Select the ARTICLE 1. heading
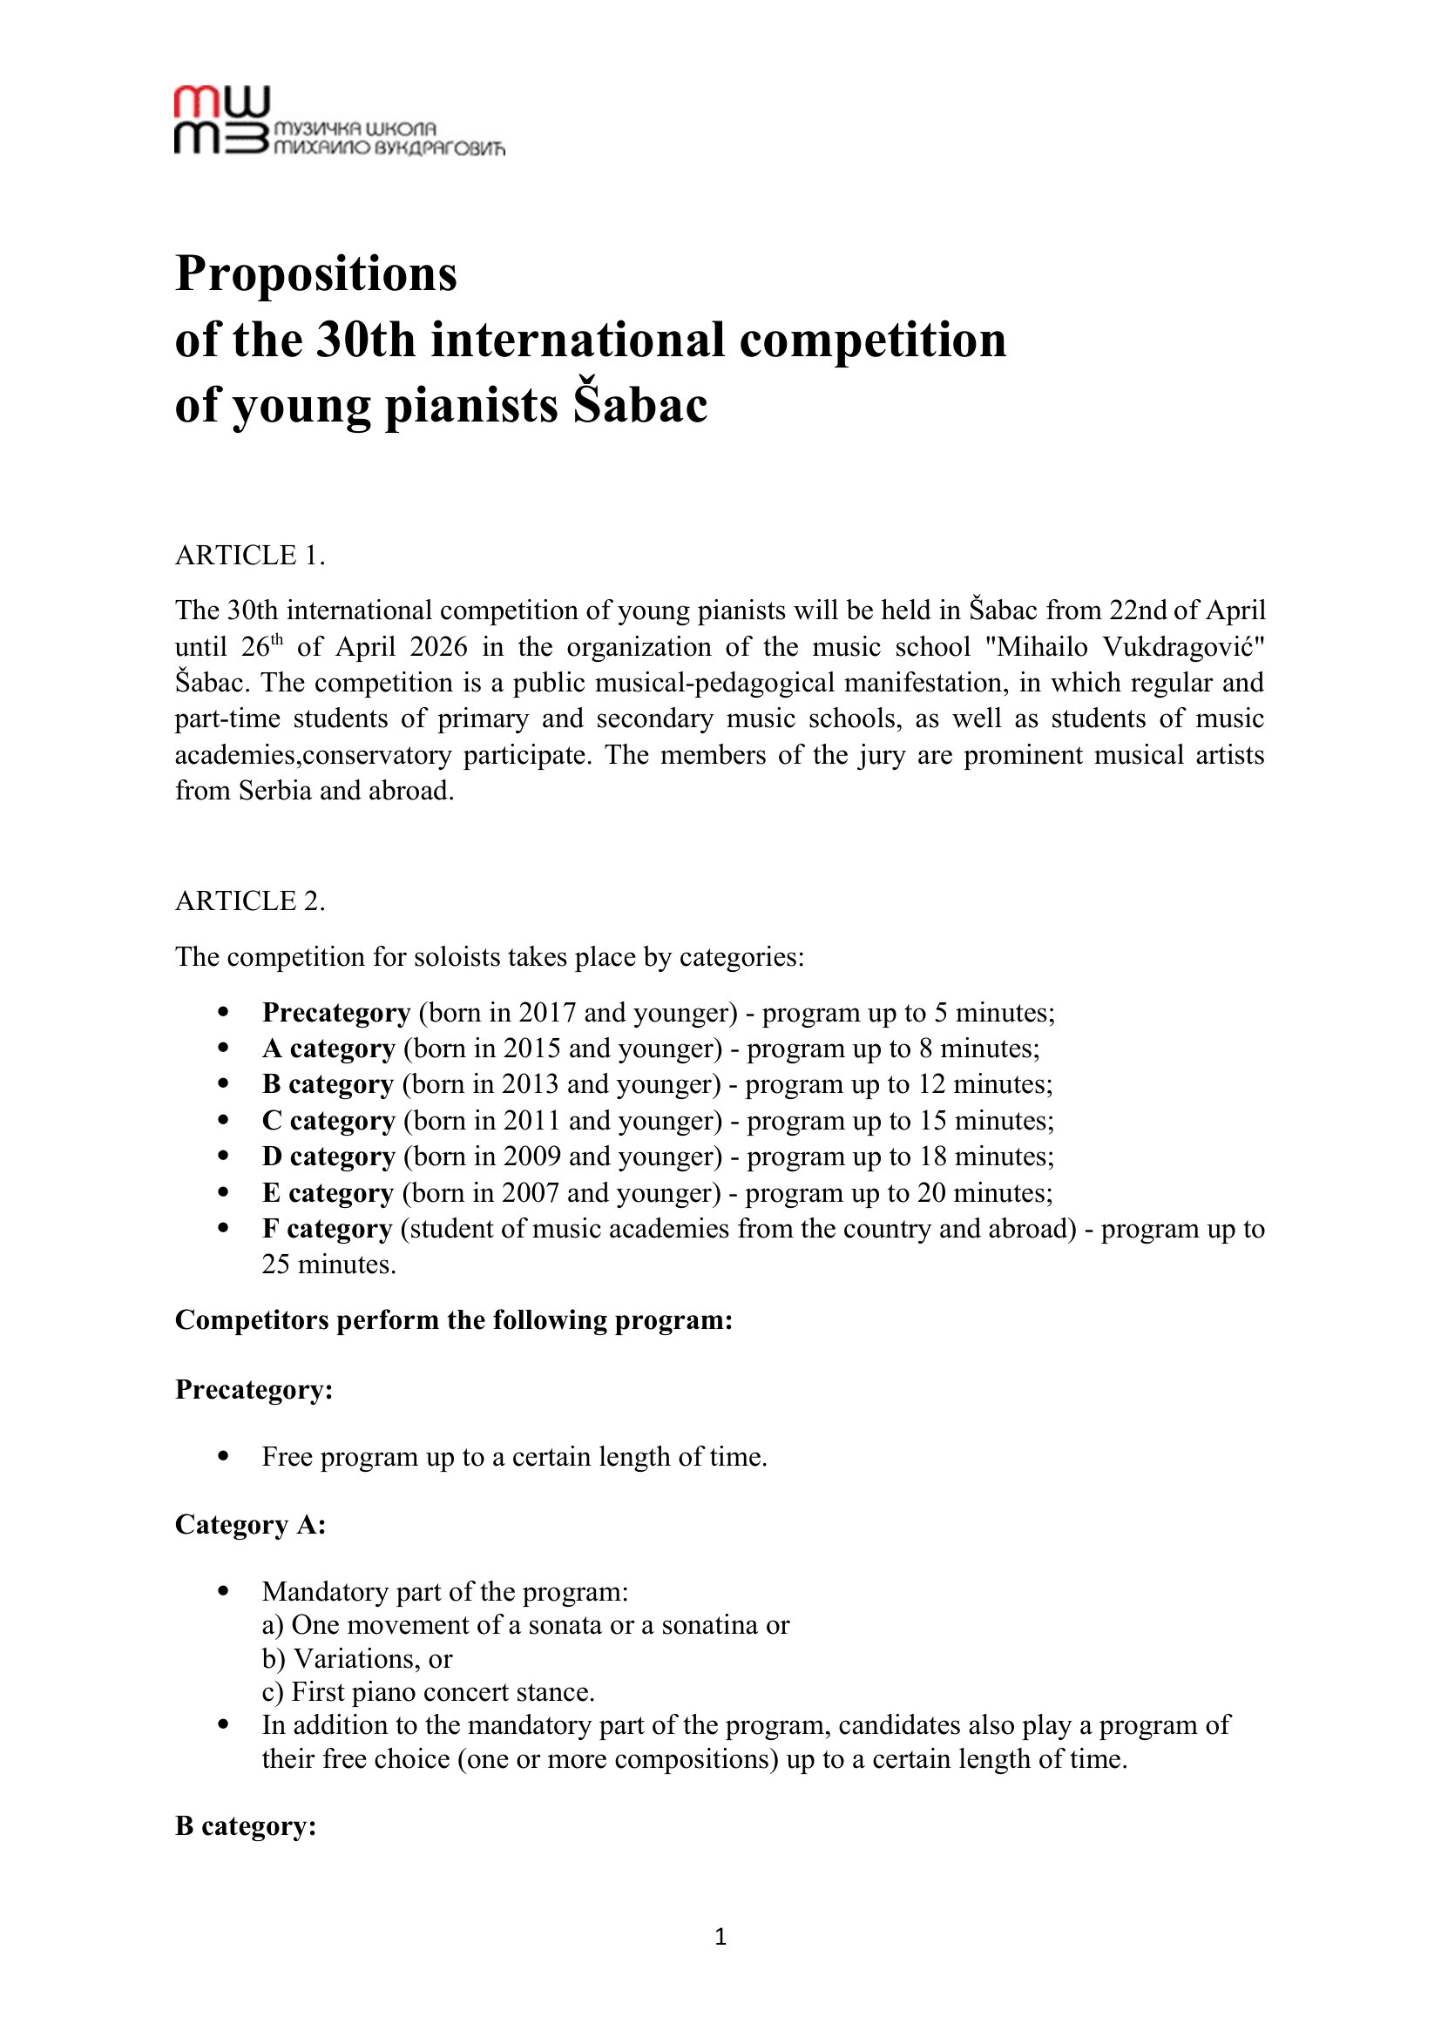[x=250, y=556]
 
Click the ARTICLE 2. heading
[x=250, y=901]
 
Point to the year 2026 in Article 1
[x=438, y=647]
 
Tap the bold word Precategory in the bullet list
[x=335, y=1012]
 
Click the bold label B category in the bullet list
[x=328, y=1084]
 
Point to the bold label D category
[x=328, y=1157]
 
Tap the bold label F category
[x=327, y=1229]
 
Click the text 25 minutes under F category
[x=328, y=1265]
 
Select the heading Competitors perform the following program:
[x=453, y=1320]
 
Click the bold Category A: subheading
[x=250, y=1524]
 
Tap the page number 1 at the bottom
[x=720, y=1937]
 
